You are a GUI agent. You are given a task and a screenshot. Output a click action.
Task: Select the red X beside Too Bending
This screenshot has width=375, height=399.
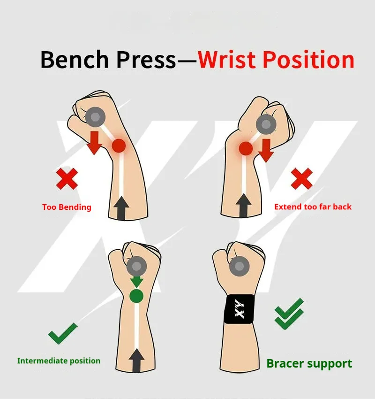pyautogui.click(x=67, y=179)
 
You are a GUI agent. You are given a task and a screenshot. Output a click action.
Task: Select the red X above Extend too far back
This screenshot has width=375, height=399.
pyautogui.click(x=301, y=178)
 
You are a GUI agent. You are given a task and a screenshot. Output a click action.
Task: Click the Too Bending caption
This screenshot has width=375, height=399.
pyautogui.click(x=67, y=207)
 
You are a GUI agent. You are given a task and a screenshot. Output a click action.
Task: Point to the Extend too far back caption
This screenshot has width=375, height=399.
pyautogui.click(x=313, y=207)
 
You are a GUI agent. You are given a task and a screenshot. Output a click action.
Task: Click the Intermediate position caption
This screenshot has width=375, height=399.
pyautogui.click(x=59, y=361)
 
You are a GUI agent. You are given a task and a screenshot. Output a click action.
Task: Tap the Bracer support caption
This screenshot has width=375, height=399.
pyautogui.click(x=309, y=363)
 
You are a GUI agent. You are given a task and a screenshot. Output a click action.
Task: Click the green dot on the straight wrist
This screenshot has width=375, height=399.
pyautogui.click(x=136, y=296)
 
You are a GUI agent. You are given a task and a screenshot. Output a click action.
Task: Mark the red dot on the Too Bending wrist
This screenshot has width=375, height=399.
pyautogui.click(x=119, y=146)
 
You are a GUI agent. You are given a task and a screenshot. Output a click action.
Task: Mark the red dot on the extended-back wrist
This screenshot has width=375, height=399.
pyautogui.click(x=246, y=149)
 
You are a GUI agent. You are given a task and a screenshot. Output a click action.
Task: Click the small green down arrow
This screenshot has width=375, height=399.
pyautogui.click(x=136, y=282)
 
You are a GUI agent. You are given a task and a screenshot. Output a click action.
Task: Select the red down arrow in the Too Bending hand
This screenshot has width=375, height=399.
pyautogui.click(x=95, y=143)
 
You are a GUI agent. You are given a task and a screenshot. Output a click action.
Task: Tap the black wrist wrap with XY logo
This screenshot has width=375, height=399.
pyautogui.click(x=240, y=309)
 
